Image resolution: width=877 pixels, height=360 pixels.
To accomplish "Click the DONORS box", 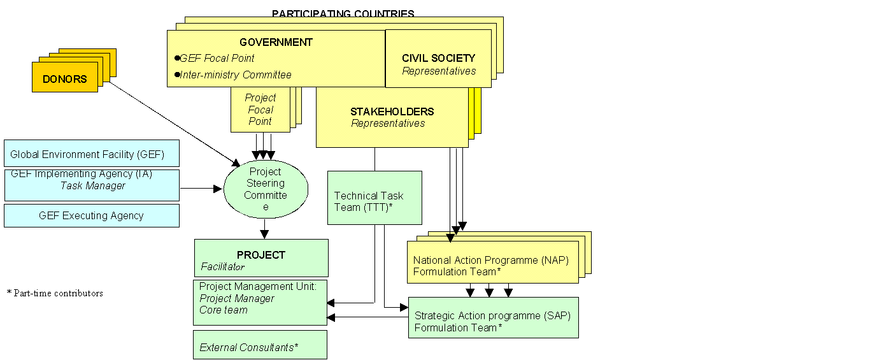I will pyautogui.click(x=65, y=78).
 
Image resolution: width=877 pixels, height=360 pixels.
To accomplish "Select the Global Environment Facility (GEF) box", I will pyautogui.click(x=92, y=154).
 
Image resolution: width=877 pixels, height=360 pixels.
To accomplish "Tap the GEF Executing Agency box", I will pyautogui.click(x=92, y=216).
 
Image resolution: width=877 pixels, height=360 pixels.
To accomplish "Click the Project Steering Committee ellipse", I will pyautogui.click(x=266, y=189).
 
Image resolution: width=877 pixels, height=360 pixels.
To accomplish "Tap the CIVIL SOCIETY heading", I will pyautogui.click(x=438, y=58).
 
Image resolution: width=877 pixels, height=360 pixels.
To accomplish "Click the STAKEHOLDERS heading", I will pyautogui.click(x=392, y=112).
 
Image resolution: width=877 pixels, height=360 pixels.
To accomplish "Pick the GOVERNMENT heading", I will pyautogui.click(x=276, y=43).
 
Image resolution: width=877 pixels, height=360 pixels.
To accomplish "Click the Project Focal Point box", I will pyautogui.click(x=260, y=110).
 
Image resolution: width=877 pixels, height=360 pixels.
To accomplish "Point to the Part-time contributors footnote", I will pyautogui.click(x=55, y=294).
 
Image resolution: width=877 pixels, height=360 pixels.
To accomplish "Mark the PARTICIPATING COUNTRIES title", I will pyautogui.click(x=343, y=13).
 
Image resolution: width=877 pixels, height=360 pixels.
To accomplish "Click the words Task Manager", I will pyautogui.click(x=93, y=186).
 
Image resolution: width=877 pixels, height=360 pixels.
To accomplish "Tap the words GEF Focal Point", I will pyautogui.click(x=217, y=58).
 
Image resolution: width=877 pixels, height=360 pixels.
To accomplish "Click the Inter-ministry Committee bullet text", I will pyautogui.click(x=235, y=75).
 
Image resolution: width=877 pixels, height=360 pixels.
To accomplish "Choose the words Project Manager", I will pyautogui.click(x=237, y=299).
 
